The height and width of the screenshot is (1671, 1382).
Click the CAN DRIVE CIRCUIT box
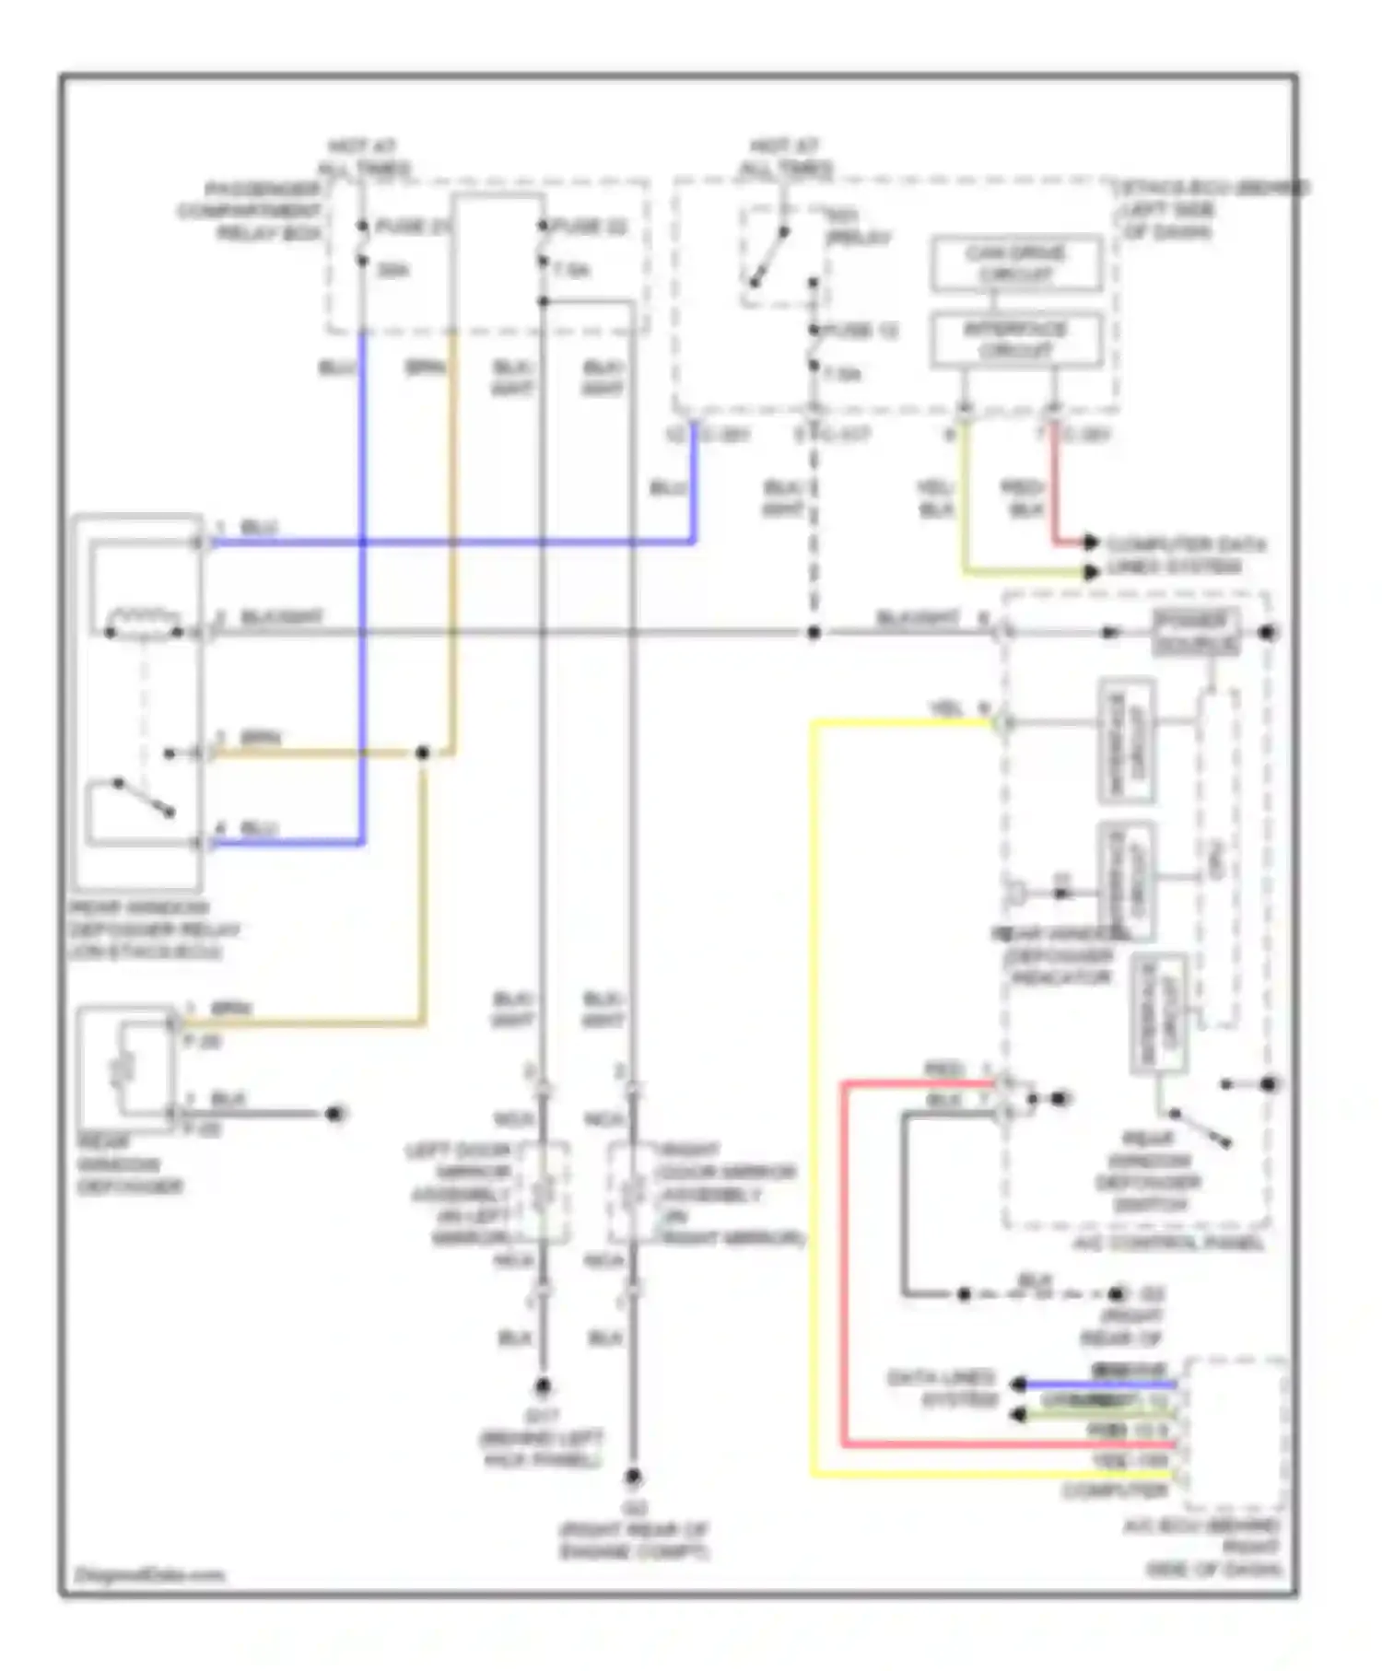tap(1015, 263)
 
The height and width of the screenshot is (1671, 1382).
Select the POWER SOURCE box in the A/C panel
tap(1195, 633)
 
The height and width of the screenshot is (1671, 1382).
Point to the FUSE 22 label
tap(591, 227)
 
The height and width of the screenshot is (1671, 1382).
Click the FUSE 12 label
tap(861, 331)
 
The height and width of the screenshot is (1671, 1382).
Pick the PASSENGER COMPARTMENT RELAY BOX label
tap(250, 211)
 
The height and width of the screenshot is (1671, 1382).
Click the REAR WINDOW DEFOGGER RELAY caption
tap(154, 929)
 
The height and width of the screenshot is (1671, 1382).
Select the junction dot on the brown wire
tap(423, 754)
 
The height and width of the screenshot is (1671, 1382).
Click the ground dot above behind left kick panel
tap(543, 1386)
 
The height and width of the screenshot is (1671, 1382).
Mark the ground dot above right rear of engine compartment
tap(633, 1478)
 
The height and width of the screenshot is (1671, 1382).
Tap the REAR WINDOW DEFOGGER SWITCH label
tap(1148, 1172)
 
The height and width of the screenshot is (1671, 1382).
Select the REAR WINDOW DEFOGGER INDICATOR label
tap(1060, 956)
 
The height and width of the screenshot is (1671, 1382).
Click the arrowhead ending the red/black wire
tap(1092, 542)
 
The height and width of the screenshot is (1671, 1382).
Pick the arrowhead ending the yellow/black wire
tap(1092, 572)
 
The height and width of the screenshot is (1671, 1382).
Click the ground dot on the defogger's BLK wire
tap(335, 1114)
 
